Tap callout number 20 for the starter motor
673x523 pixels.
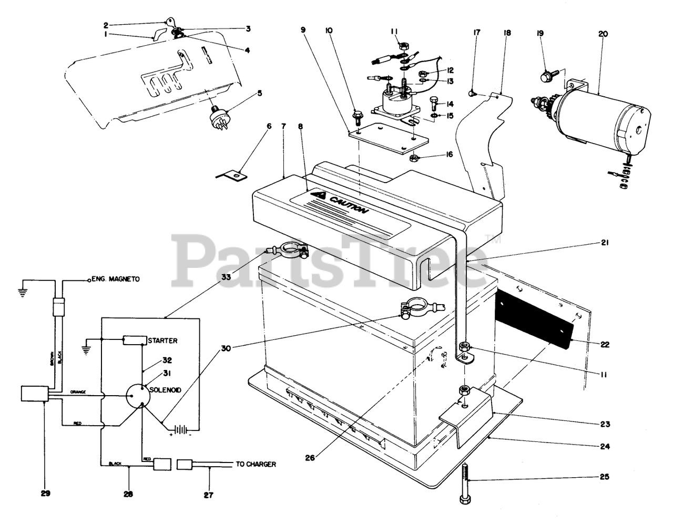coord(603,34)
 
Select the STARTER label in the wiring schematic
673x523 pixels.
coord(163,340)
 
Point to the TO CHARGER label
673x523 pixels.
coord(256,464)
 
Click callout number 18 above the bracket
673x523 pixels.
coord(507,33)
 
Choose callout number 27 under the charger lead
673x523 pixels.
coord(210,495)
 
